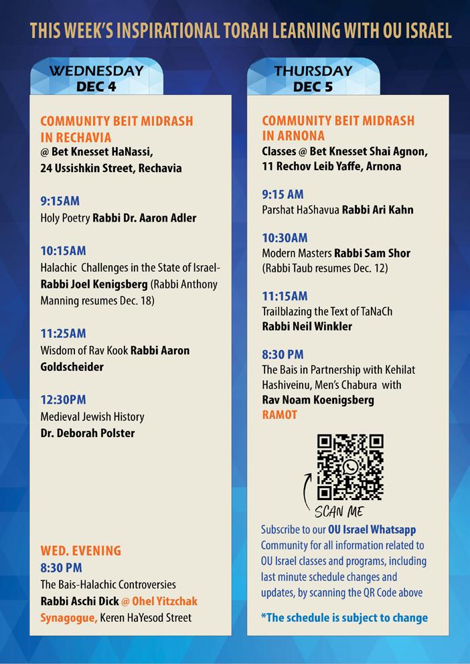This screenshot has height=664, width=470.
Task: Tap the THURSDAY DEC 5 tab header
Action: (313, 78)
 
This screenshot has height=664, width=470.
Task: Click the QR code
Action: (350, 467)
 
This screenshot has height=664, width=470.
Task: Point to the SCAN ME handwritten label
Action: (338, 512)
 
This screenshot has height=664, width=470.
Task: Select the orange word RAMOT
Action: (279, 415)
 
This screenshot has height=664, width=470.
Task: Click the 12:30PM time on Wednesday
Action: (64, 400)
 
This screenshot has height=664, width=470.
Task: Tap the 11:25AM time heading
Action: (64, 333)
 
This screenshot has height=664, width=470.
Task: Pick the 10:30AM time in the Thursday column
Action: (285, 238)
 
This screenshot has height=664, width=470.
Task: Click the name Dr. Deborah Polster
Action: (88, 433)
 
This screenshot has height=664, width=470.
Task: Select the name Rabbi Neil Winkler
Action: (307, 327)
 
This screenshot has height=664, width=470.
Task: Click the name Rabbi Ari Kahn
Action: (378, 210)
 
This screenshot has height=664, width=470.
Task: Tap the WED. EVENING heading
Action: (81, 551)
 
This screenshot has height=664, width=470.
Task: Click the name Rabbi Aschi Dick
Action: (79, 600)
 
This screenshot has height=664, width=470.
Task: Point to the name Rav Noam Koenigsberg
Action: (317, 400)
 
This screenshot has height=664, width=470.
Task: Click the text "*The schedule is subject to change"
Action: (344, 617)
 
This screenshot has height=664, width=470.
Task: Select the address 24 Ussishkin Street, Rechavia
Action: (110, 168)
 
